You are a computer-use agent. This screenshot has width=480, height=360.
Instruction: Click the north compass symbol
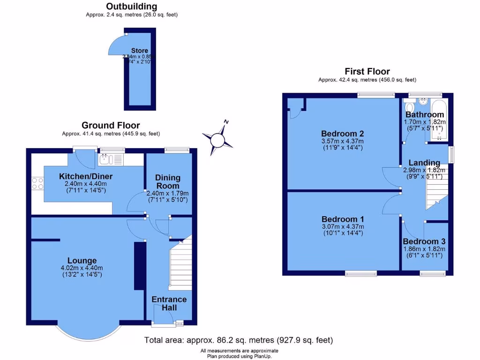(217, 139)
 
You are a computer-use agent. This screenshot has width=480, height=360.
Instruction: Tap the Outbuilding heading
(131, 7)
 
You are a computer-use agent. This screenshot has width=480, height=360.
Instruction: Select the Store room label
(139, 51)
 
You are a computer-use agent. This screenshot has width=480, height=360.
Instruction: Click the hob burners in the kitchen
(37, 183)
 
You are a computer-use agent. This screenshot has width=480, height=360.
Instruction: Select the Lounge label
(82, 261)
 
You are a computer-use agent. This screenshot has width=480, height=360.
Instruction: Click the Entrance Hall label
(169, 303)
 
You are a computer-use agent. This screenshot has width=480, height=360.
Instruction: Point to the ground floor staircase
(180, 265)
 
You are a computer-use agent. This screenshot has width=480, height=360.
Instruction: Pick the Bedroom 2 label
(342, 133)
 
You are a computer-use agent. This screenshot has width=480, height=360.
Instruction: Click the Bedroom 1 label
(342, 219)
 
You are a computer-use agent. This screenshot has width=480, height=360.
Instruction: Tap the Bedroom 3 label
(424, 241)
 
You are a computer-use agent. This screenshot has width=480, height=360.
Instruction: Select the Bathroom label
(424, 115)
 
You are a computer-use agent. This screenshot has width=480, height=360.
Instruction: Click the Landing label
(424, 163)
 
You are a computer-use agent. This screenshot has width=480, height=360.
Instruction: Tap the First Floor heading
(367, 72)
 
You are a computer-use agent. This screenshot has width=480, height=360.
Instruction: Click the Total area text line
(239, 340)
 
